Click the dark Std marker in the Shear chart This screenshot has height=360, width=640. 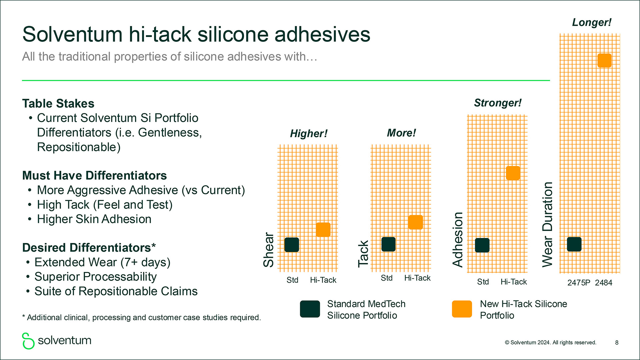(x=292, y=245)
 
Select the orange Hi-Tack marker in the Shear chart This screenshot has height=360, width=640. (x=323, y=230)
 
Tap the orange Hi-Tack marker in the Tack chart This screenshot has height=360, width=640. (x=415, y=222)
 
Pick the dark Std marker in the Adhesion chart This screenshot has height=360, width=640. (x=482, y=245)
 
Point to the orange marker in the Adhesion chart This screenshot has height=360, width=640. (x=513, y=173)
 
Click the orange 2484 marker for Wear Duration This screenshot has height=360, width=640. (x=604, y=61)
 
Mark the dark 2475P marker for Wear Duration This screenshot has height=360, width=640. (x=574, y=244)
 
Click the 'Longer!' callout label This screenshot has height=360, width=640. (x=592, y=22)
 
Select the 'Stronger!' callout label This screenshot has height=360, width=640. (x=498, y=103)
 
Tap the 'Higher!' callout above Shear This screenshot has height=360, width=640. (x=309, y=133)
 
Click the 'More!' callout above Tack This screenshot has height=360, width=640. (x=401, y=133)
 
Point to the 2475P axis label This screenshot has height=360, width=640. (x=579, y=283)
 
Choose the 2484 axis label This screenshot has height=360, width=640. (x=604, y=283)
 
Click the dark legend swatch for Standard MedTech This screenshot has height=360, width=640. (x=310, y=309)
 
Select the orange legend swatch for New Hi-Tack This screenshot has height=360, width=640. (x=462, y=309)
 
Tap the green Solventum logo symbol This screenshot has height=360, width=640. (x=28, y=341)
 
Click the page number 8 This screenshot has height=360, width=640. (x=617, y=343)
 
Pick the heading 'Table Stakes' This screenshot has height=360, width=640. (x=58, y=103)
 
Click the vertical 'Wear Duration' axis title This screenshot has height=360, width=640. (x=547, y=225)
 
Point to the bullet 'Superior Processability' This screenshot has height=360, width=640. (x=96, y=277)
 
